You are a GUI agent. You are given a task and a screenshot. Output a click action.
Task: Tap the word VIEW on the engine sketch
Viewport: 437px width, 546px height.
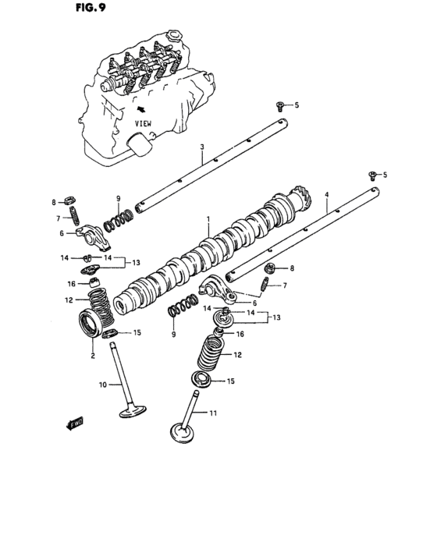point(144,122)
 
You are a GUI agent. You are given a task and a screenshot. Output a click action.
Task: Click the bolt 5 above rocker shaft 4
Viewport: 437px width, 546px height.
point(373,175)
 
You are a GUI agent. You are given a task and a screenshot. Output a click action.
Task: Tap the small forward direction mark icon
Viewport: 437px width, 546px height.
point(75,424)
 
